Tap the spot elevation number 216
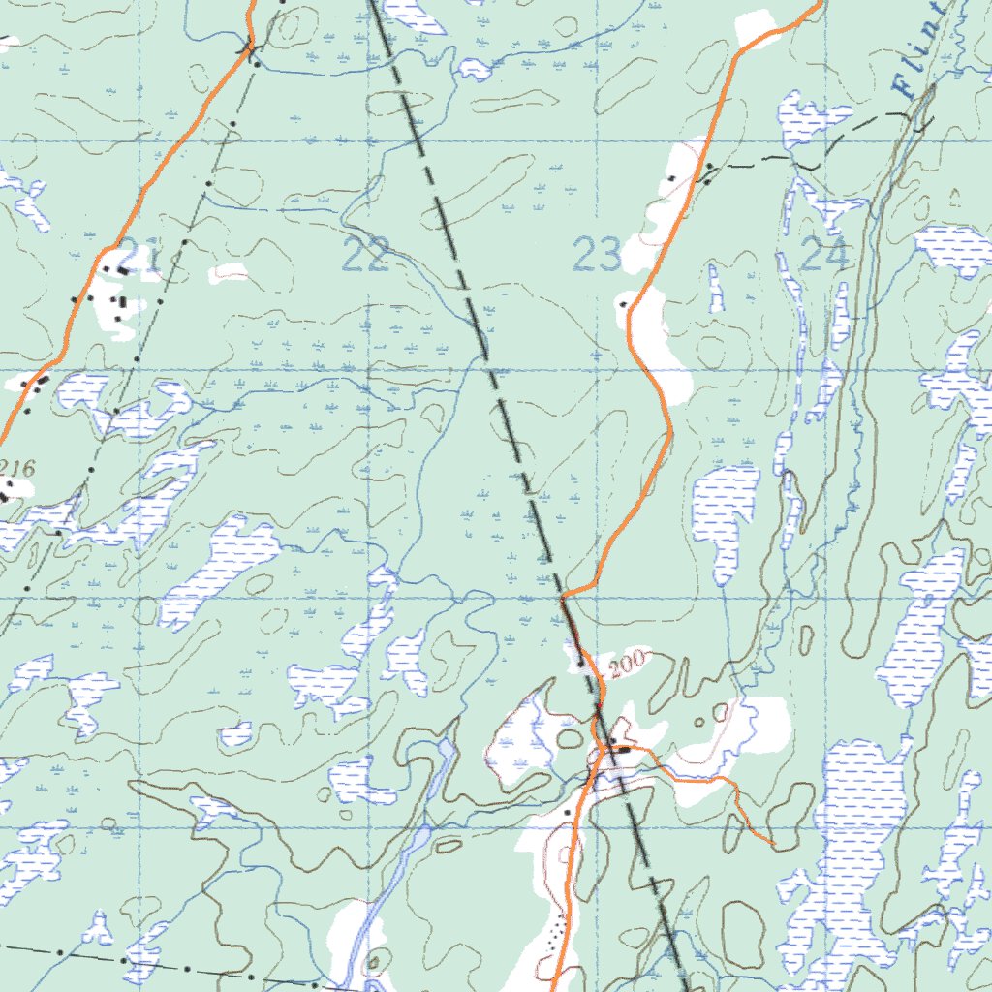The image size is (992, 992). [16, 468]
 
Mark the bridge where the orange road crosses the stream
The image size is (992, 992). [250, 46]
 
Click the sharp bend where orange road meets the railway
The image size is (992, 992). [564, 593]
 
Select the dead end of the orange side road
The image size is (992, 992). [772, 843]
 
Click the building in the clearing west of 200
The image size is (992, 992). [581, 663]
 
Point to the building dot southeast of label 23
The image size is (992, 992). [623, 304]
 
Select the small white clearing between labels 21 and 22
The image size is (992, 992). [229, 273]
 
